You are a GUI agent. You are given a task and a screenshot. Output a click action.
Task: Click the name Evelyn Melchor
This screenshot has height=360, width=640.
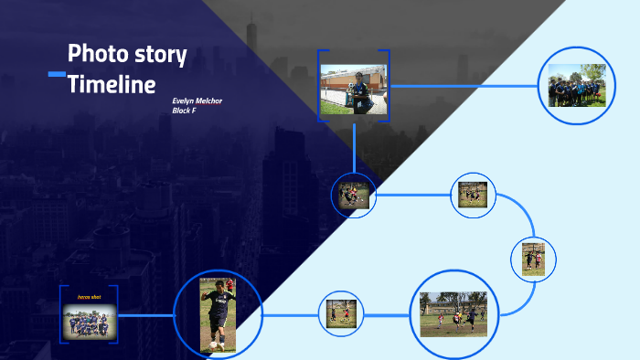(197, 100)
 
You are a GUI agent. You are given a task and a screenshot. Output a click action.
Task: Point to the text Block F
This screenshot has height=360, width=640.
(184, 111)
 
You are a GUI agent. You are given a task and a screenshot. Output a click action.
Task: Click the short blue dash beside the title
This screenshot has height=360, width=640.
(57, 73)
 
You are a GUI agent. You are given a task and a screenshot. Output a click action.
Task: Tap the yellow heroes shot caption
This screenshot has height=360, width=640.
(89, 297)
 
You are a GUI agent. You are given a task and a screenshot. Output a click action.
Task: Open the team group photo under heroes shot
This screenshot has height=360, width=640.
(89, 321)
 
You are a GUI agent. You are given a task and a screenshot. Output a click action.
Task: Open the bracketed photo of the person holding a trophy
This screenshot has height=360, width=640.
(355, 89)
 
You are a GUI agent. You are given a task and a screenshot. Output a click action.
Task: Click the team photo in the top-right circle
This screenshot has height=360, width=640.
(577, 85)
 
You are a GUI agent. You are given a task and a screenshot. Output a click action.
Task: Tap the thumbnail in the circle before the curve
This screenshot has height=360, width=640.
(473, 193)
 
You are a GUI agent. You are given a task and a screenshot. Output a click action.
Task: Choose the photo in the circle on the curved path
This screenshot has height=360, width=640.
(534, 258)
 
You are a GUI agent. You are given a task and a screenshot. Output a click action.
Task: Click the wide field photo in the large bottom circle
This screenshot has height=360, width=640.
(453, 314)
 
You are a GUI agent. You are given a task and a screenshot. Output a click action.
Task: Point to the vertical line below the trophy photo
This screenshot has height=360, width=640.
(355, 146)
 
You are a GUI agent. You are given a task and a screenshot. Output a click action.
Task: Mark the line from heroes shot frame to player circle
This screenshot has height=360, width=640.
(146, 316)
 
